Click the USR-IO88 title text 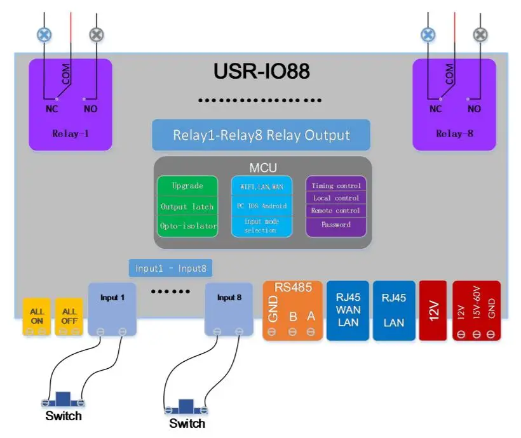coord(261,71)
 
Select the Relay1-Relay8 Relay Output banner coord(261,135)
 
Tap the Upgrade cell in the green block coord(187,186)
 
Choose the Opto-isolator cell coord(187,227)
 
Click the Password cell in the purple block coord(336,225)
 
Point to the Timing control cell coord(336,186)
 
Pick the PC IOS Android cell coord(261,206)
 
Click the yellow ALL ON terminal coord(37,316)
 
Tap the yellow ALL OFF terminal coord(69,316)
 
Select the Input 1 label coord(112,297)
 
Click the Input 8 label coord(229,297)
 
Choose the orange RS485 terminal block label coord(293,288)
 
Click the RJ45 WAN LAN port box coord(348,310)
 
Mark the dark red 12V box coord(433,310)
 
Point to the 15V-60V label coord(477,305)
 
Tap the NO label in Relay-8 coord(474,109)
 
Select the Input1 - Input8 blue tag coord(170,269)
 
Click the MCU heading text coord(262,168)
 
